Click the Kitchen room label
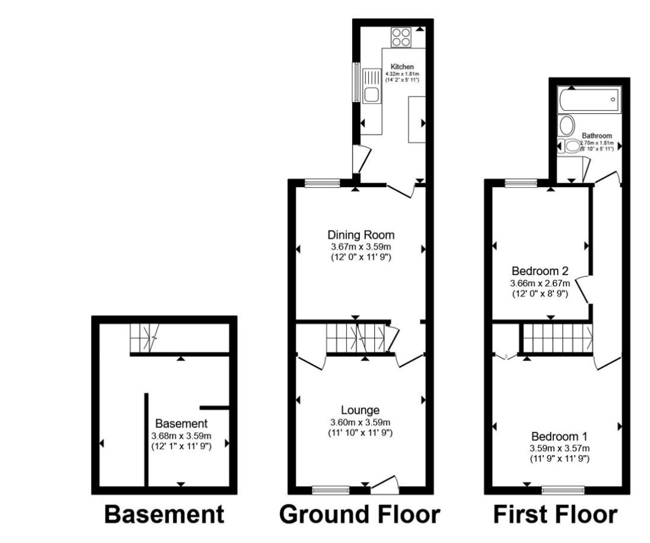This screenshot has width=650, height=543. pos(402,66)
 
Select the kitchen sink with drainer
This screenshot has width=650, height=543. pos(371,86)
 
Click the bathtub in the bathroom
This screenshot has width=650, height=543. pos(589,100)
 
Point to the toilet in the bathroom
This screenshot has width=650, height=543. pos(571,146)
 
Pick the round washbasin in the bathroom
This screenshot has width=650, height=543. pos(566,124)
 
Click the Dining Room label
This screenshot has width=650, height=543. pos(361,235)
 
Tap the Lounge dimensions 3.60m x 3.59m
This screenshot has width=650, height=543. pos(360,423)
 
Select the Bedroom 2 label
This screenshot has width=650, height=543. pos(540,271)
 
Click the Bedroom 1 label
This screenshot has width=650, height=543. pos(559,436)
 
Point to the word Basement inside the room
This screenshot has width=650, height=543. pos(181,424)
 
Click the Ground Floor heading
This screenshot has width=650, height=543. pos(359,515)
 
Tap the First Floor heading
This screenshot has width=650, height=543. pos(556,515)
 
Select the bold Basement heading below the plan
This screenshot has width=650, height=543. pos(164,515)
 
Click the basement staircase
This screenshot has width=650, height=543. pos(145,337)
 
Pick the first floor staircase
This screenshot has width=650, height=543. pos(557,337)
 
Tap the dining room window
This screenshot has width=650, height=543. pos(322,183)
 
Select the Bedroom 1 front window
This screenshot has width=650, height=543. pos(563,490)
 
